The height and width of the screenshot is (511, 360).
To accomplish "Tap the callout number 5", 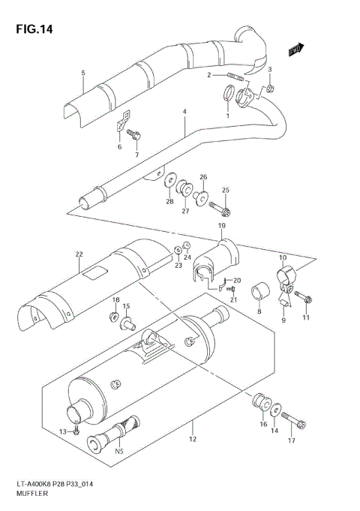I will [x=82, y=73].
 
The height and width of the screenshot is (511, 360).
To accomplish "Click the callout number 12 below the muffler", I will [x=192, y=439].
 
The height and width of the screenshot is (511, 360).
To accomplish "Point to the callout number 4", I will [x=183, y=113].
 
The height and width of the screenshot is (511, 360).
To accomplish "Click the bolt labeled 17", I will [x=293, y=422].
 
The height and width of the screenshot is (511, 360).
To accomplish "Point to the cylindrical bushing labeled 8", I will [x=259, y=289].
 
